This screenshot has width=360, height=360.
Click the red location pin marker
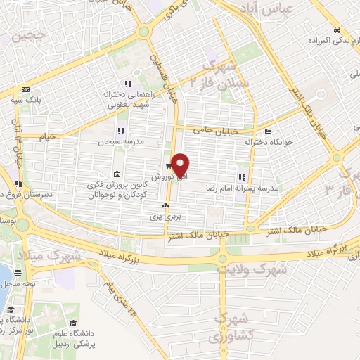click(181, 165)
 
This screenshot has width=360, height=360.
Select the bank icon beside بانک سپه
click(26, 89)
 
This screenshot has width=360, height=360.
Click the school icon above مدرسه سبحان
click(121, 131)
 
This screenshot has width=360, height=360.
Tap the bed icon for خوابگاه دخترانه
click(266, 132)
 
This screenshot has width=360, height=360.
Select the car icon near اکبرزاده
click(338, 30)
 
